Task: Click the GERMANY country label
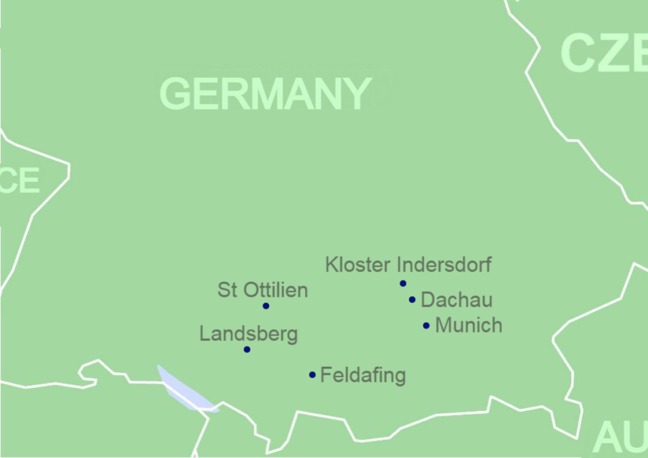[x=265, y=94]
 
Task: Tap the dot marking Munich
[x=426, y=326]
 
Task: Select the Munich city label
[x=469, y=326]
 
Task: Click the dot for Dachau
[x=412, y=300]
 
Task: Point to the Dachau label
[x=456, y=300]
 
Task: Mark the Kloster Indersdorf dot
[x=402, y=283]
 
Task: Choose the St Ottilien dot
[x=266, y=306]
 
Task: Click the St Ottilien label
[x=263, y=290]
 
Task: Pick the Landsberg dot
[x=247, y=349]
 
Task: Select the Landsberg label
[x=249, y=334]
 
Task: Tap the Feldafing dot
[x=312, y=374]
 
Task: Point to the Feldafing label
[x=363, y=375]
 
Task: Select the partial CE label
[x=20, y=181]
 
